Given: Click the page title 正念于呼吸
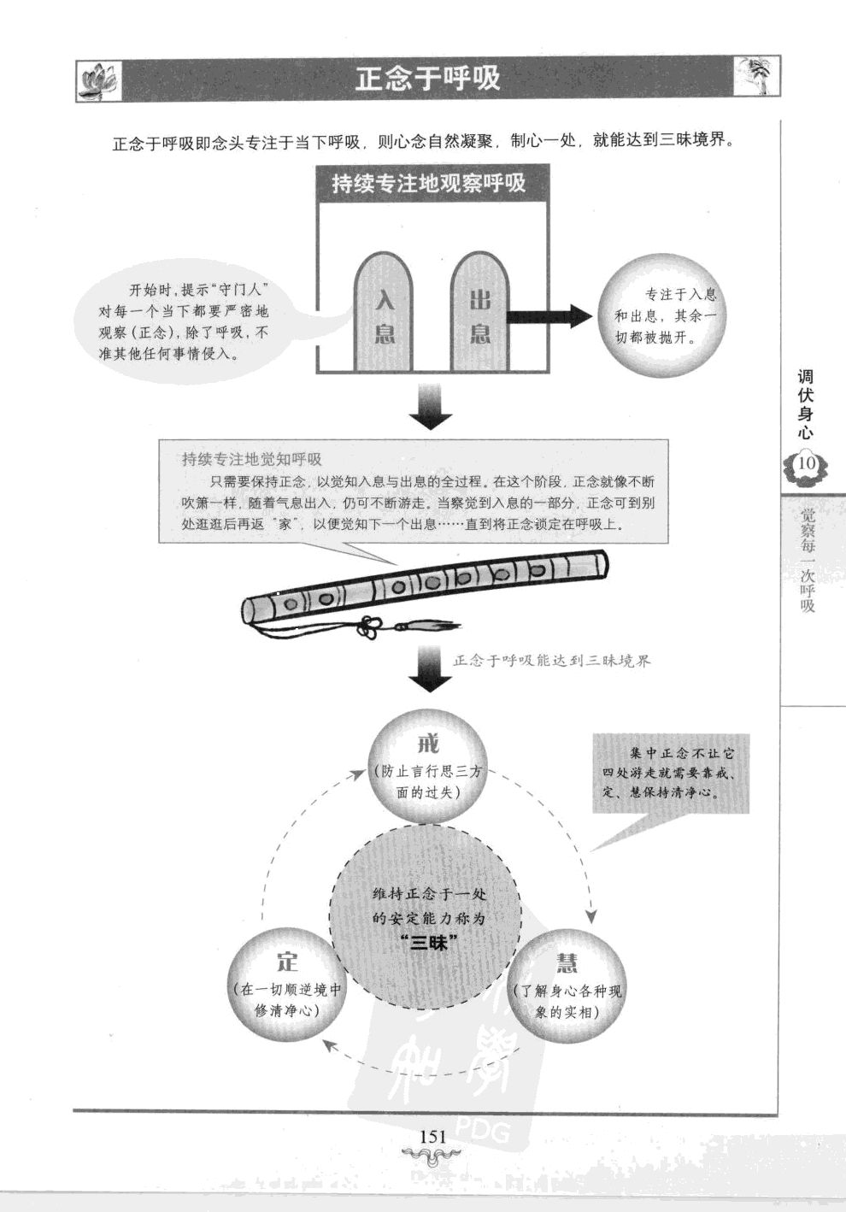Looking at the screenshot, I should (427, 79).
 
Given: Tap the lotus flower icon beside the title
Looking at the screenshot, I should (97, 81).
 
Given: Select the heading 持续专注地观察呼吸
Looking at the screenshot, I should (428, 184).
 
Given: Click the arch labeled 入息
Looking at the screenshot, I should (384, 315).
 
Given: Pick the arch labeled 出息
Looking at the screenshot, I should (479, 315).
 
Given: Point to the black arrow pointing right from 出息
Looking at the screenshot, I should (548, 316).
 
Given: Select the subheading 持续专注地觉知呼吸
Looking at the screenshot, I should (251, 459).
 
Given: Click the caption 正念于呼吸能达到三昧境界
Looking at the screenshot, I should (551, 661).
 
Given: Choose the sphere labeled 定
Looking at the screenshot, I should (286, 985).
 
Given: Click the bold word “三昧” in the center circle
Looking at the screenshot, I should (430, 943).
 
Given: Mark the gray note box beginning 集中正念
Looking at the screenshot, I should (671, 773).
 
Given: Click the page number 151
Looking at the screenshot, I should (433, 1136).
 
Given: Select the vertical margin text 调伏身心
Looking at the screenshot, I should (805, 403).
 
